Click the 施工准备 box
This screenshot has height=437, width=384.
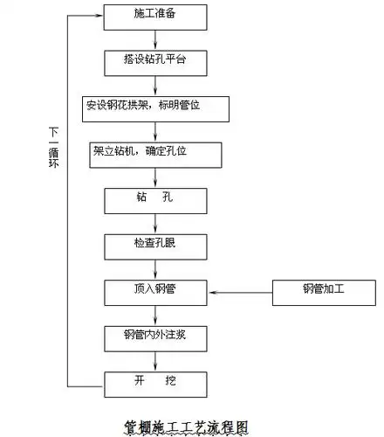coord(154,17)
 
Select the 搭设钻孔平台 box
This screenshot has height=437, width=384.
coord(154,63)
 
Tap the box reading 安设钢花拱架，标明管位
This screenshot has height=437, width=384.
coord(154,109)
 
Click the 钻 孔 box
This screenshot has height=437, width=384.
coord(154,200)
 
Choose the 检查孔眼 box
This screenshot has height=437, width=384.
coord(154,246)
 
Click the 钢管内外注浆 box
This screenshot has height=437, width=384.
coord(154,336)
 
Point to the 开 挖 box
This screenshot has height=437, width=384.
coord(154,383)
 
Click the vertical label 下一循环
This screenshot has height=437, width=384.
coord(52,149)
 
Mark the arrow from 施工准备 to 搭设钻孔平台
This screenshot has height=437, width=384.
coord(154,39)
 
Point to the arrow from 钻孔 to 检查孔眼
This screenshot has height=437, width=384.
coord(154,223)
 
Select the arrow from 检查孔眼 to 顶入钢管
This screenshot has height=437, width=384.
coord(154,268)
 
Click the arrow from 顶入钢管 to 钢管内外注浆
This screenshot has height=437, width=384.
coord(154,314)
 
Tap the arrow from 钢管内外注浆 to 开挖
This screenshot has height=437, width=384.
coord(154,359)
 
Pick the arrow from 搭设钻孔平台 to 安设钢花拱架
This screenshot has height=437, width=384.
coord(154,86)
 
